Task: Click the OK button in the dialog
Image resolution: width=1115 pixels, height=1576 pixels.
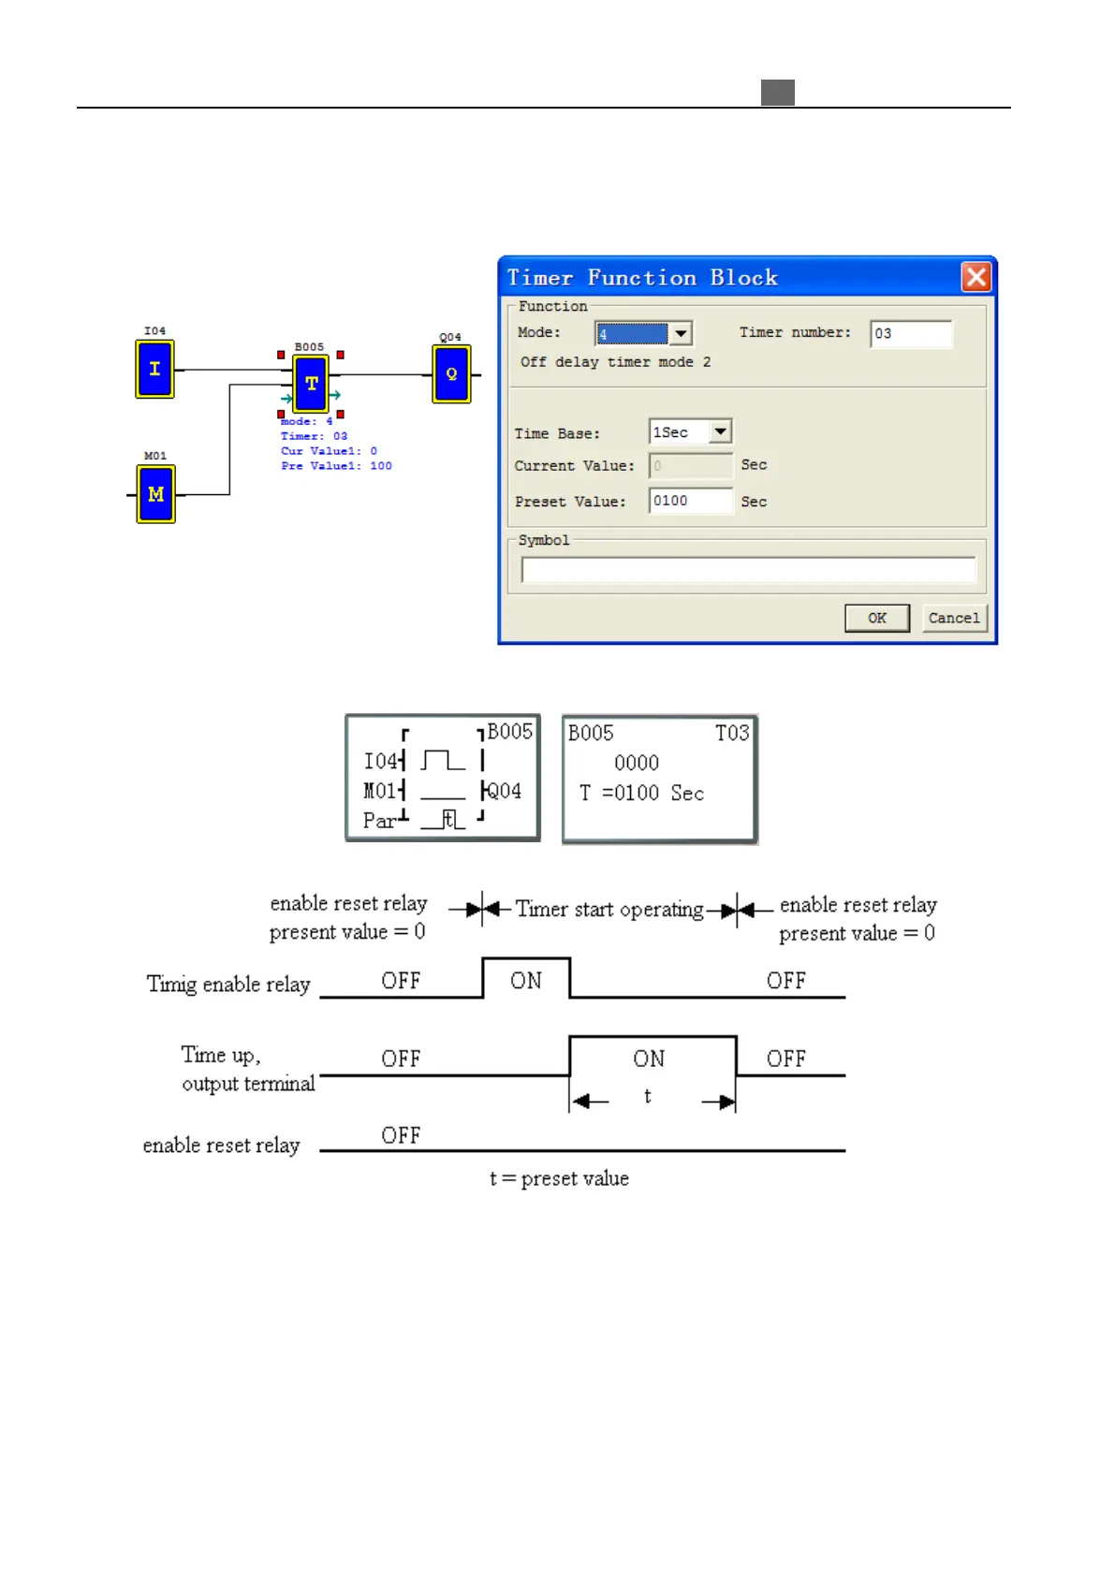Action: point(876,618)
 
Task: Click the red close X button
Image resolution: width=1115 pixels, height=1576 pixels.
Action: point(976,277)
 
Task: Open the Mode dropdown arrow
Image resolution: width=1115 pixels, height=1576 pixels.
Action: point(681,333)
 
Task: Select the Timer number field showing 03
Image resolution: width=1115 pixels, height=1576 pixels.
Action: point(910,334)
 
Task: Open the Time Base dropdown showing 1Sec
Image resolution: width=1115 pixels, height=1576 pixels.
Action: point(719,431)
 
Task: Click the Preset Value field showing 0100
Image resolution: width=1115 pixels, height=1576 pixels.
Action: point(690,501)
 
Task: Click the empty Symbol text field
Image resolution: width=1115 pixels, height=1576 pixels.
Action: point(747,569)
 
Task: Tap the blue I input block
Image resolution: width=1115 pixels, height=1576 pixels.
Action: point(155,370)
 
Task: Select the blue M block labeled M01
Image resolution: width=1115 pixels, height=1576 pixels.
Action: point(156,494)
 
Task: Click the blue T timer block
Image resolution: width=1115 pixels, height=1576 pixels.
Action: point(311,384)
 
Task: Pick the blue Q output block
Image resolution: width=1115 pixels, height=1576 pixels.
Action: point(451,374)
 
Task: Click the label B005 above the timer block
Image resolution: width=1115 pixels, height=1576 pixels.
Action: point(309,347)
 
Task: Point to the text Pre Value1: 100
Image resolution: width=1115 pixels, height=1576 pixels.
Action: point(336,466)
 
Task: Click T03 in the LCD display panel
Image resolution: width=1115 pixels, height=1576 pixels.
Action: point(732,733)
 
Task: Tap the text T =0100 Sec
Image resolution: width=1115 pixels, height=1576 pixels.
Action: point(641,794)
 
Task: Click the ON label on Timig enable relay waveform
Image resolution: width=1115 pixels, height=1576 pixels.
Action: point(526,981)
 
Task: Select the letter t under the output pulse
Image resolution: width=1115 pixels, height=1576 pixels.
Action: point(647,1096)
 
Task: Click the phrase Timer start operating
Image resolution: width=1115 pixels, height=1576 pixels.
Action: point(609,909)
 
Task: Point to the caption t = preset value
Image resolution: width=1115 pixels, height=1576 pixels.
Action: point(559,1178)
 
